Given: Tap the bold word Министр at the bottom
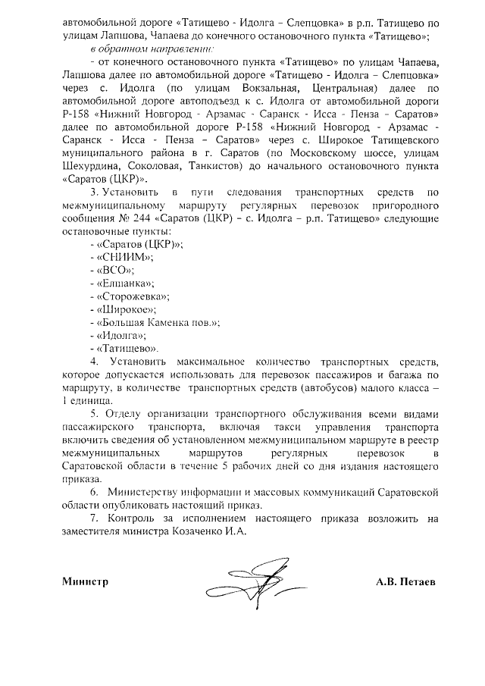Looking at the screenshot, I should click(85, 582).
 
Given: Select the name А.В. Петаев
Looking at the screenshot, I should click(410, 582).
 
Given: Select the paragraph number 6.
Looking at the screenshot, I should click(93, 492).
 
